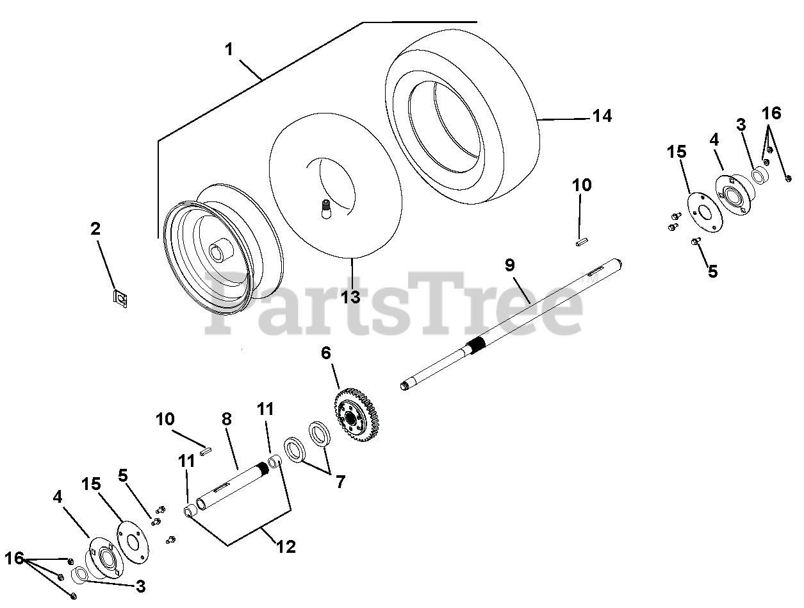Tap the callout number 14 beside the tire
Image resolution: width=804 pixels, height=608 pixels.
coord(602,115)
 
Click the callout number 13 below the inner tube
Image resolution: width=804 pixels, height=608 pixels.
coord(350,296)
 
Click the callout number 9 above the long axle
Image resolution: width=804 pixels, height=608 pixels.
coord(509,264)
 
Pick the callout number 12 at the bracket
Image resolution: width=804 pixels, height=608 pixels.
coord(286,546)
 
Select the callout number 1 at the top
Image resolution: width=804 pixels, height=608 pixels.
coord(229,49)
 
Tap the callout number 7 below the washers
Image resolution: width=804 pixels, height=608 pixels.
coord(340,481)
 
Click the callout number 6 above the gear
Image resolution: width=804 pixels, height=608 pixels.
coord(326,353)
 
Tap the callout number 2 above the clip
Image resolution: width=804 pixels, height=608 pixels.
coord(95,228)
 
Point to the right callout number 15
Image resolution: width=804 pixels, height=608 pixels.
coord(676,152)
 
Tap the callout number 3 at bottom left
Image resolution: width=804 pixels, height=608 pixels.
coord(140,586)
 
